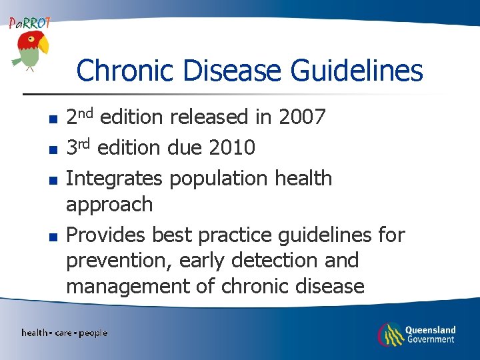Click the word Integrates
click(114, 179)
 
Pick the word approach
click(109, 205)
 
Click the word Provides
click(107, 235)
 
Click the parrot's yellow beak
click(43, 45)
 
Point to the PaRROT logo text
click(29, 23)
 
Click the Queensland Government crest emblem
click(390, 334)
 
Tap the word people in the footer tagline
click(93, 333)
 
